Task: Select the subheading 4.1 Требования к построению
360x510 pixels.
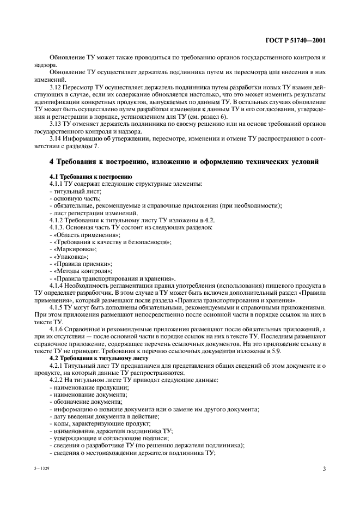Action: pos(90,178)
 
